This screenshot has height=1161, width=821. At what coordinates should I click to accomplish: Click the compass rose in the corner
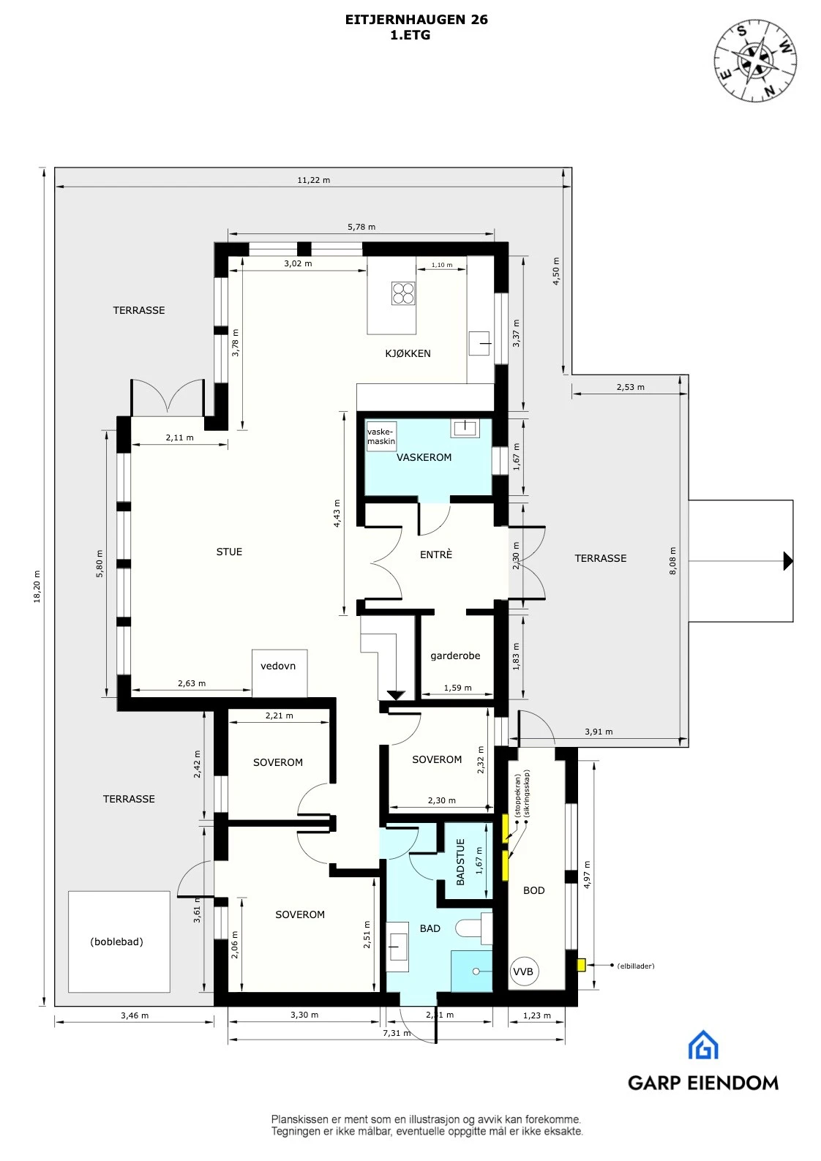coord(755,61)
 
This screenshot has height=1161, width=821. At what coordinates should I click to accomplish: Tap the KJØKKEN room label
coord(408,353)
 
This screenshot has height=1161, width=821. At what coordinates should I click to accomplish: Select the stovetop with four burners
coord(403,293)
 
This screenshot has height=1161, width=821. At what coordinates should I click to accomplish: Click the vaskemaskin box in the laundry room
coord(381,436)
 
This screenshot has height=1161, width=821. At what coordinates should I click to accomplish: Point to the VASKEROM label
coord(424,457)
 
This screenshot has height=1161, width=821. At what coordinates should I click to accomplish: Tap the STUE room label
coord(229,552)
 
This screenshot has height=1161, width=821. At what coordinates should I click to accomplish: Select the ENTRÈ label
coord(436,555)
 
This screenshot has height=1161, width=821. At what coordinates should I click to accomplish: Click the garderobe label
coord(455,655)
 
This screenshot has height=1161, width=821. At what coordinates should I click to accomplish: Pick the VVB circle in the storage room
coord(523,972)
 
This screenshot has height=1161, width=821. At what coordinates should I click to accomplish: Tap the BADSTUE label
coord(460,862)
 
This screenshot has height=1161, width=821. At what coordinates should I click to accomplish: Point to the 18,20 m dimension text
coord(37,587)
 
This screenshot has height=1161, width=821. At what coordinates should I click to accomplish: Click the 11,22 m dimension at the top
coord(313,180)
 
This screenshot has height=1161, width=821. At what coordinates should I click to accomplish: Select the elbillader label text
coord(635,966)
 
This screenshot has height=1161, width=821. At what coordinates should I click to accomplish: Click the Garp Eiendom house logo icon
coord(702,1045)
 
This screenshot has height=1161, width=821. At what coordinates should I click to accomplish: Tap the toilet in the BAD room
coord(473,929)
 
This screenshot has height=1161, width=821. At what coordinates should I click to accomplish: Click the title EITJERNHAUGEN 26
coord(416,20)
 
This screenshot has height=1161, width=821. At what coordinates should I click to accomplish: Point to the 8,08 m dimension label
coord(673,560)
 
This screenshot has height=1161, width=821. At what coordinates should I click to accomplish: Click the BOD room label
coord(533,890)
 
